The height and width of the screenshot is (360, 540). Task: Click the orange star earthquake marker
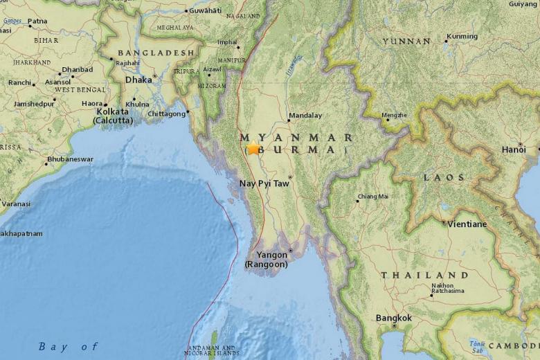point(253,147)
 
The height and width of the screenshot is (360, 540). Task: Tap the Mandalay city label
point(305,116)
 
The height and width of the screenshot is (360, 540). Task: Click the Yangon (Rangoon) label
point(267,259)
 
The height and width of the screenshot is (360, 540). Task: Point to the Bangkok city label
point(393,318)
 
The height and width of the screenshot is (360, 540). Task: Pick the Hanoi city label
point(514,150)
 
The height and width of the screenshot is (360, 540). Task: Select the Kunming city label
point(462,37)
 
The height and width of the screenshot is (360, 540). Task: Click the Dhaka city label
point(138,80)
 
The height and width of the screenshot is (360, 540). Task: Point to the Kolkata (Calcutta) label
point(114,115)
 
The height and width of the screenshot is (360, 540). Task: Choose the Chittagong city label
point(167,113)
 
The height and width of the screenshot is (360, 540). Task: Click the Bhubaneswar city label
point(70,160)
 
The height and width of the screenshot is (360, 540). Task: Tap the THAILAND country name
point(424,275)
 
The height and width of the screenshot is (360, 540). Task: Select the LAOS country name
point(444,178)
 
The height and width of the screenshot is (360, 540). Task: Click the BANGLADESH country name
point(156,53)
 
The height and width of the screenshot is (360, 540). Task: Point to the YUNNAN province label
point(406,42)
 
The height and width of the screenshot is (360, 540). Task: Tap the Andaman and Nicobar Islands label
point(211,350)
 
